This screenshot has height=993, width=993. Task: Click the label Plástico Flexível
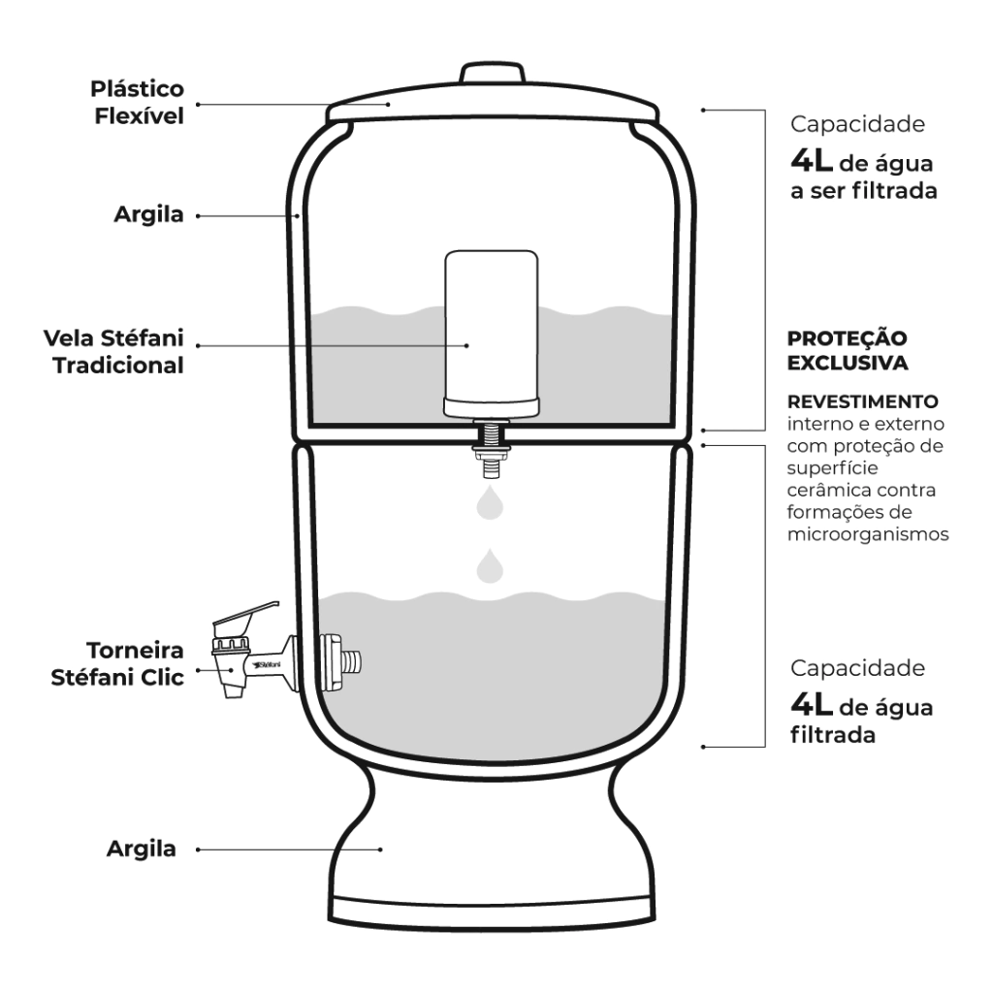pos(138,103)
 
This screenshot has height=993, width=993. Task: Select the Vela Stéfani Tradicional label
pos(114,351)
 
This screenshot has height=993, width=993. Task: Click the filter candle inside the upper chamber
pos(492,334)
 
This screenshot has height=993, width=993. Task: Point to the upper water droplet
pos(490,503)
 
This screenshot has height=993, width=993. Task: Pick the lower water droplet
pos(490,566)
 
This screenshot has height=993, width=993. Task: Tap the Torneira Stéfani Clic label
pos(117,663)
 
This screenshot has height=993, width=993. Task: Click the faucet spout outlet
pos(233,689)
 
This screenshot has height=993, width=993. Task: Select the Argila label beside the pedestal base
pos(142,849)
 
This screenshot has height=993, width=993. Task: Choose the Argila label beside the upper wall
pos(148,214)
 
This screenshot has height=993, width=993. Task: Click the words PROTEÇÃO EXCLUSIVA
pos(848,350)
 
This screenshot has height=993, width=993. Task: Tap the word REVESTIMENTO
pos(862,401)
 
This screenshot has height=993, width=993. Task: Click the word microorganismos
pos(868,534)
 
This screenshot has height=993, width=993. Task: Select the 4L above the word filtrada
pos(812,704)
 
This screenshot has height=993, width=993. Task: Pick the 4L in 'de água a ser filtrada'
pos(812,161)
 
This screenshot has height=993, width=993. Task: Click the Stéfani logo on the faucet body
pos(266,665)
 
